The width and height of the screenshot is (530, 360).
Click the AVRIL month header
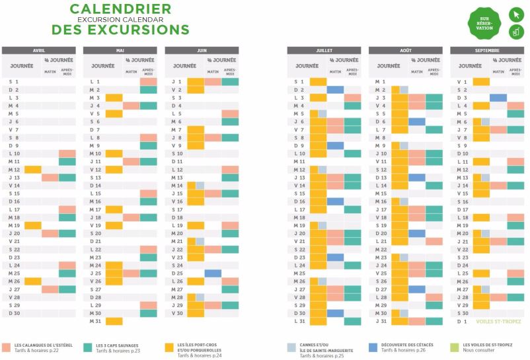pyautogui.click(x=39, y=50)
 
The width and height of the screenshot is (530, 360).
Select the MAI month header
pyautogui.click(x=120, y=50)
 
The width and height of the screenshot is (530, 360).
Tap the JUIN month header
pyautogui.click(x=202, y=50)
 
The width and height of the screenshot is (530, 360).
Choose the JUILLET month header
pyautogui.click(x=324, y=50)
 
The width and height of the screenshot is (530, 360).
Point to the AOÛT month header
pyautogui.click(x=405, y=50)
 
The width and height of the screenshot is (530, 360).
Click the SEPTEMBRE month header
pyautogui.click(x=487, y=50)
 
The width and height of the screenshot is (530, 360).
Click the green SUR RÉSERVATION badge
pyautogui.click(x=485, y=23)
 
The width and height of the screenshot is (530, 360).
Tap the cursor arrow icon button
pyautogui.click(x=515, y=15)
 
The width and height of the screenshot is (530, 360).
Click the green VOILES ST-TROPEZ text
pyautogui.click(x=499, y=322)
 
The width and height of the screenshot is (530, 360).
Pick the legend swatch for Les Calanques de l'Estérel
pyautogui.click(x=6, y=346)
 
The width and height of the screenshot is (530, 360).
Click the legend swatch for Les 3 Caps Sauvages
pyautogui.click(x=88, y=346)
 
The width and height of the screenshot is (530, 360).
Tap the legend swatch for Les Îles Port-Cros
pyautogui.click(x=170, y=346)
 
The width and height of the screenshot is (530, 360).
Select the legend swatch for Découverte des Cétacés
pyautogui.click(x=373, y=346)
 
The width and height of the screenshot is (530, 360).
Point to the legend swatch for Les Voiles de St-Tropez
pyautogui.click(x=455, y=346)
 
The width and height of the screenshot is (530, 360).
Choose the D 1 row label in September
pyautogui.click(x=461, y=322)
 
